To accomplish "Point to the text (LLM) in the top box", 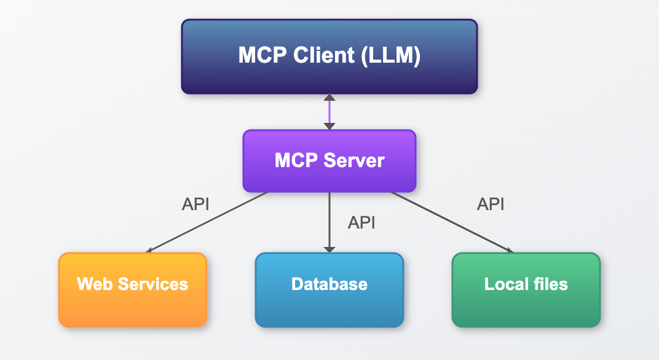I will (x=390, y=56).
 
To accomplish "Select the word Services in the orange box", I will (x=152, y=284).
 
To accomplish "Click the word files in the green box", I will (x=552, y=284).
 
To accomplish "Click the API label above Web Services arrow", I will (x=195, y=204).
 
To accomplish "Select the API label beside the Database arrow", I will (x=361, y=222).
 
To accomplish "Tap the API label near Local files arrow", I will (x=491, y=204).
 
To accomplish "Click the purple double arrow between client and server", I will (x=329, y=112).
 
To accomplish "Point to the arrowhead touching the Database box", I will (x=329, y=249).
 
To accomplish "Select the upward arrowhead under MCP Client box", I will (x=329, y=98).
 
